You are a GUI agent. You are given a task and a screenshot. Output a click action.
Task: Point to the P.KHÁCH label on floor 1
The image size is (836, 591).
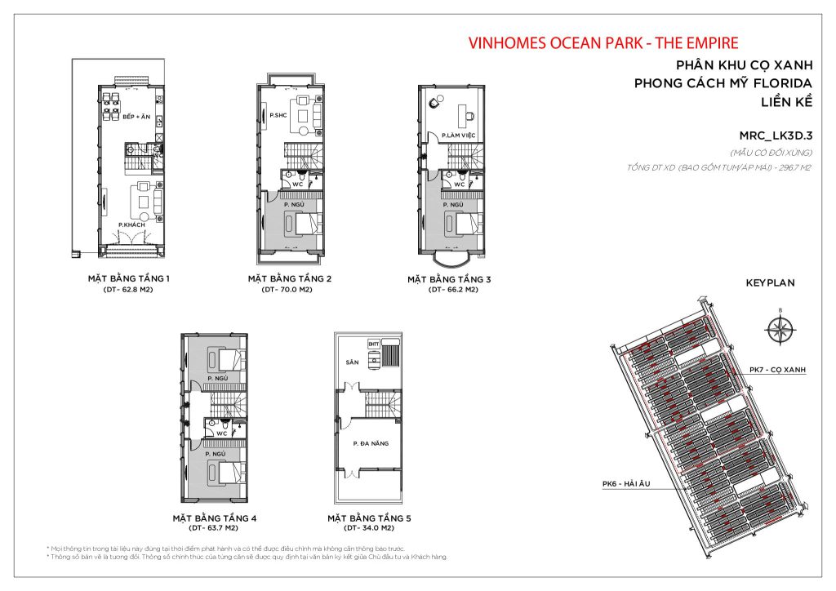(x=131, y=224)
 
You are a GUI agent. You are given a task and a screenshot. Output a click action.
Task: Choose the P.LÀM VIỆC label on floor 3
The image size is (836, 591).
(x=458, y=135)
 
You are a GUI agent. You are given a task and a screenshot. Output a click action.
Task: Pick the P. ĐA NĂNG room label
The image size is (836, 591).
(x=370, y=443)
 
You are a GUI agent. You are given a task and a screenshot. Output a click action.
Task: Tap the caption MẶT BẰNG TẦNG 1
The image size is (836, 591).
(x=128, y=278)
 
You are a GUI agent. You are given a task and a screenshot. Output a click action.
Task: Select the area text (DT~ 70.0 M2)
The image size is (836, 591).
(x=289, y=290)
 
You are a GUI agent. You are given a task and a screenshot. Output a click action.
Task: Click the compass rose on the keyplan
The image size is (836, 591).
(x=780, y=330)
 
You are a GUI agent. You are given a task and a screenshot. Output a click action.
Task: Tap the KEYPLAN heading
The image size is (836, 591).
(x=770, y=283)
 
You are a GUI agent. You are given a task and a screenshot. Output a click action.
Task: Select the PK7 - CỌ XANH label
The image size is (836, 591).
(x=777, y=370)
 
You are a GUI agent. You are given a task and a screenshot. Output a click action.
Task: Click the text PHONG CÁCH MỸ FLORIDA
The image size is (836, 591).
(x=723, y=83)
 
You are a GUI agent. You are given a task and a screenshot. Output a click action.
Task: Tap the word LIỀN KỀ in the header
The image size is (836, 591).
(x=785, y=103)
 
